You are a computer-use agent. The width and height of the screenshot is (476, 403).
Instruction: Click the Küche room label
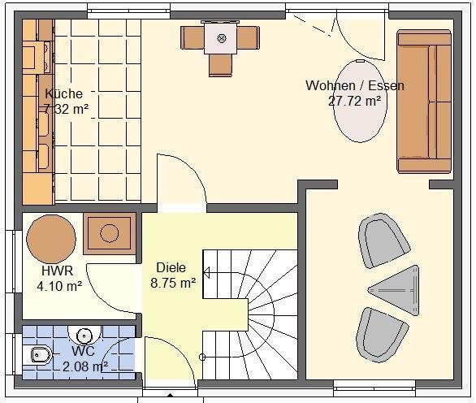[x=63, y=93]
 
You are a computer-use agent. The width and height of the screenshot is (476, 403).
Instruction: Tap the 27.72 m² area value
[x=355, y=101]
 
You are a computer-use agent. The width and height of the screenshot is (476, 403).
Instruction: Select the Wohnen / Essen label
[x=355, y=85]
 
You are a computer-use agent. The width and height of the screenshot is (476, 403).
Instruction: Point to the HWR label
[x=57, y=271]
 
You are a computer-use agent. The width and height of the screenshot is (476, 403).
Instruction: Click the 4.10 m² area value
[x=59, y=286]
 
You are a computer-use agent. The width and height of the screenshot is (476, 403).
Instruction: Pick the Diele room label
[x=171, y=267]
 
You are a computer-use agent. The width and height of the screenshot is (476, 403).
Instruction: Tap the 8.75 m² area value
[x=173, y=283]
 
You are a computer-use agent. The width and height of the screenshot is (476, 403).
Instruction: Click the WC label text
[x=84, y=352]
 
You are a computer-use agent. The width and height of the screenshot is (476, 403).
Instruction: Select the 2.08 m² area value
[x=85, y=366]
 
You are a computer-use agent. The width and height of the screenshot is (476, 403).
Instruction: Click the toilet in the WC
[x=39, y=354]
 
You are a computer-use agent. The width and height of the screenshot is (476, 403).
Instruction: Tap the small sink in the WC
[x=84, y=334]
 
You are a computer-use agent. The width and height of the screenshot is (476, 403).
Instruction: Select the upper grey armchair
[x=384, y=240]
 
